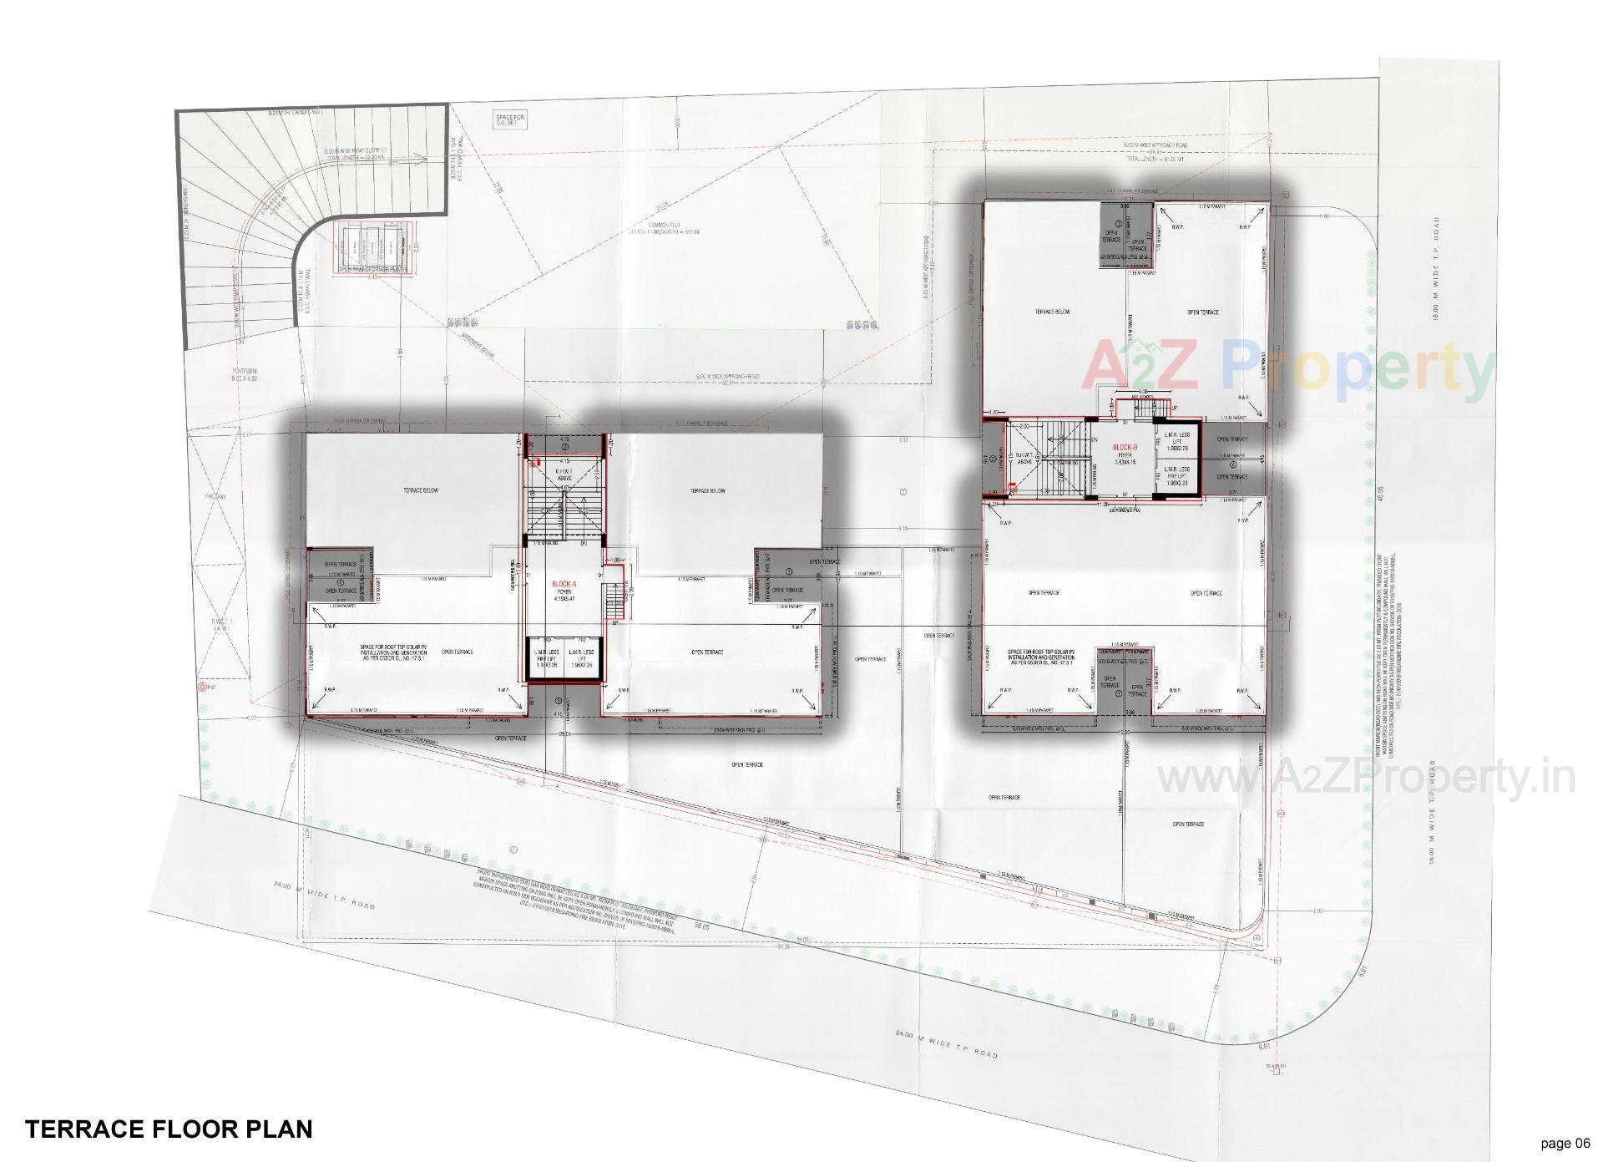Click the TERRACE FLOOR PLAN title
point(169,1129)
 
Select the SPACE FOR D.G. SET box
point(508,120)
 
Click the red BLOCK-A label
point(564,585)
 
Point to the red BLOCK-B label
point(1125,448)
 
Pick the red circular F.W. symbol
point(201,687)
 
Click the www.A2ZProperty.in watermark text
point(1365,778)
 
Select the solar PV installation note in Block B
point(1041,656)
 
